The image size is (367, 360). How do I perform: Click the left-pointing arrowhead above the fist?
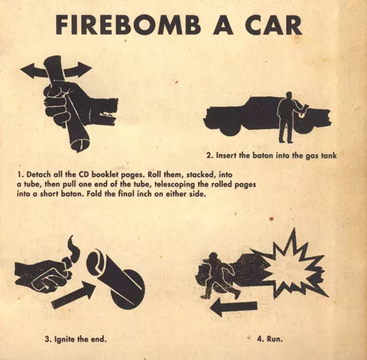(x=29, y=70)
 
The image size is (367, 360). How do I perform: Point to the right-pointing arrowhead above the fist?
(x=84, y=70)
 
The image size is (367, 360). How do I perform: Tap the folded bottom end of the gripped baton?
(x=80, y=145)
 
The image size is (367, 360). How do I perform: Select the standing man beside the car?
(x=287, y=117)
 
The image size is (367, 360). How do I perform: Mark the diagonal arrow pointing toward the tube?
(x=74, y=295)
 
